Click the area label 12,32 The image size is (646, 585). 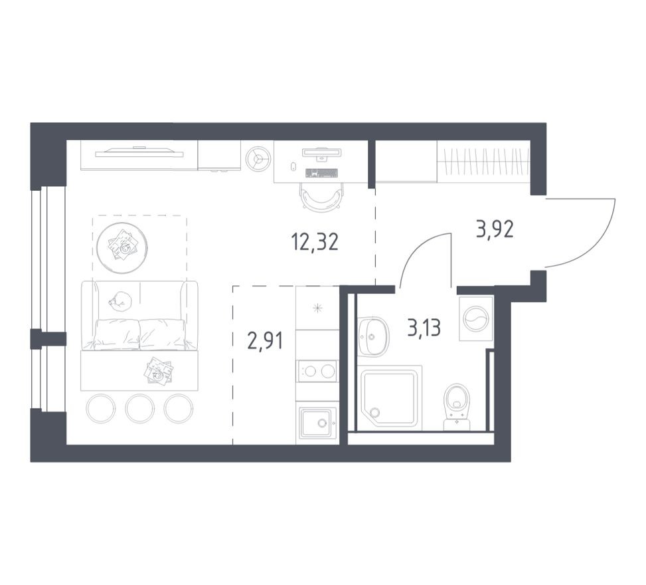pos(315,242)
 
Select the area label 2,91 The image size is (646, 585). pos(265,341)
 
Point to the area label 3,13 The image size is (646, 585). pos(424,328)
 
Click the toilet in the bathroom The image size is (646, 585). pos(457,407)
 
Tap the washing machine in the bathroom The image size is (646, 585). pos(476,318)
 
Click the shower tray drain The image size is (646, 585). pos(374,412)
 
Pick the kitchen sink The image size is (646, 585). pos(317,422)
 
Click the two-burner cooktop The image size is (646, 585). pos(317,371)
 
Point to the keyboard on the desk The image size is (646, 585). pos(322,173)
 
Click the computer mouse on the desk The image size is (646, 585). pos(293,166)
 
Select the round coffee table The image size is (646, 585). pos(122,247)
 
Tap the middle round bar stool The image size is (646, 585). pos(139,408)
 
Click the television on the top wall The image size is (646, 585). pos(139,153)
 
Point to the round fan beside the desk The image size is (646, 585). pos(258,158)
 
